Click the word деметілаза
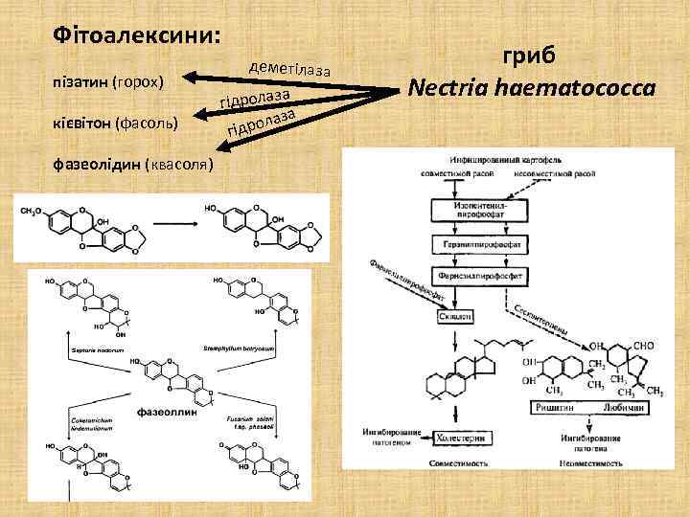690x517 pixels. (x=288, y=67)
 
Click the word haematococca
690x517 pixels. (x=581, y=88)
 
